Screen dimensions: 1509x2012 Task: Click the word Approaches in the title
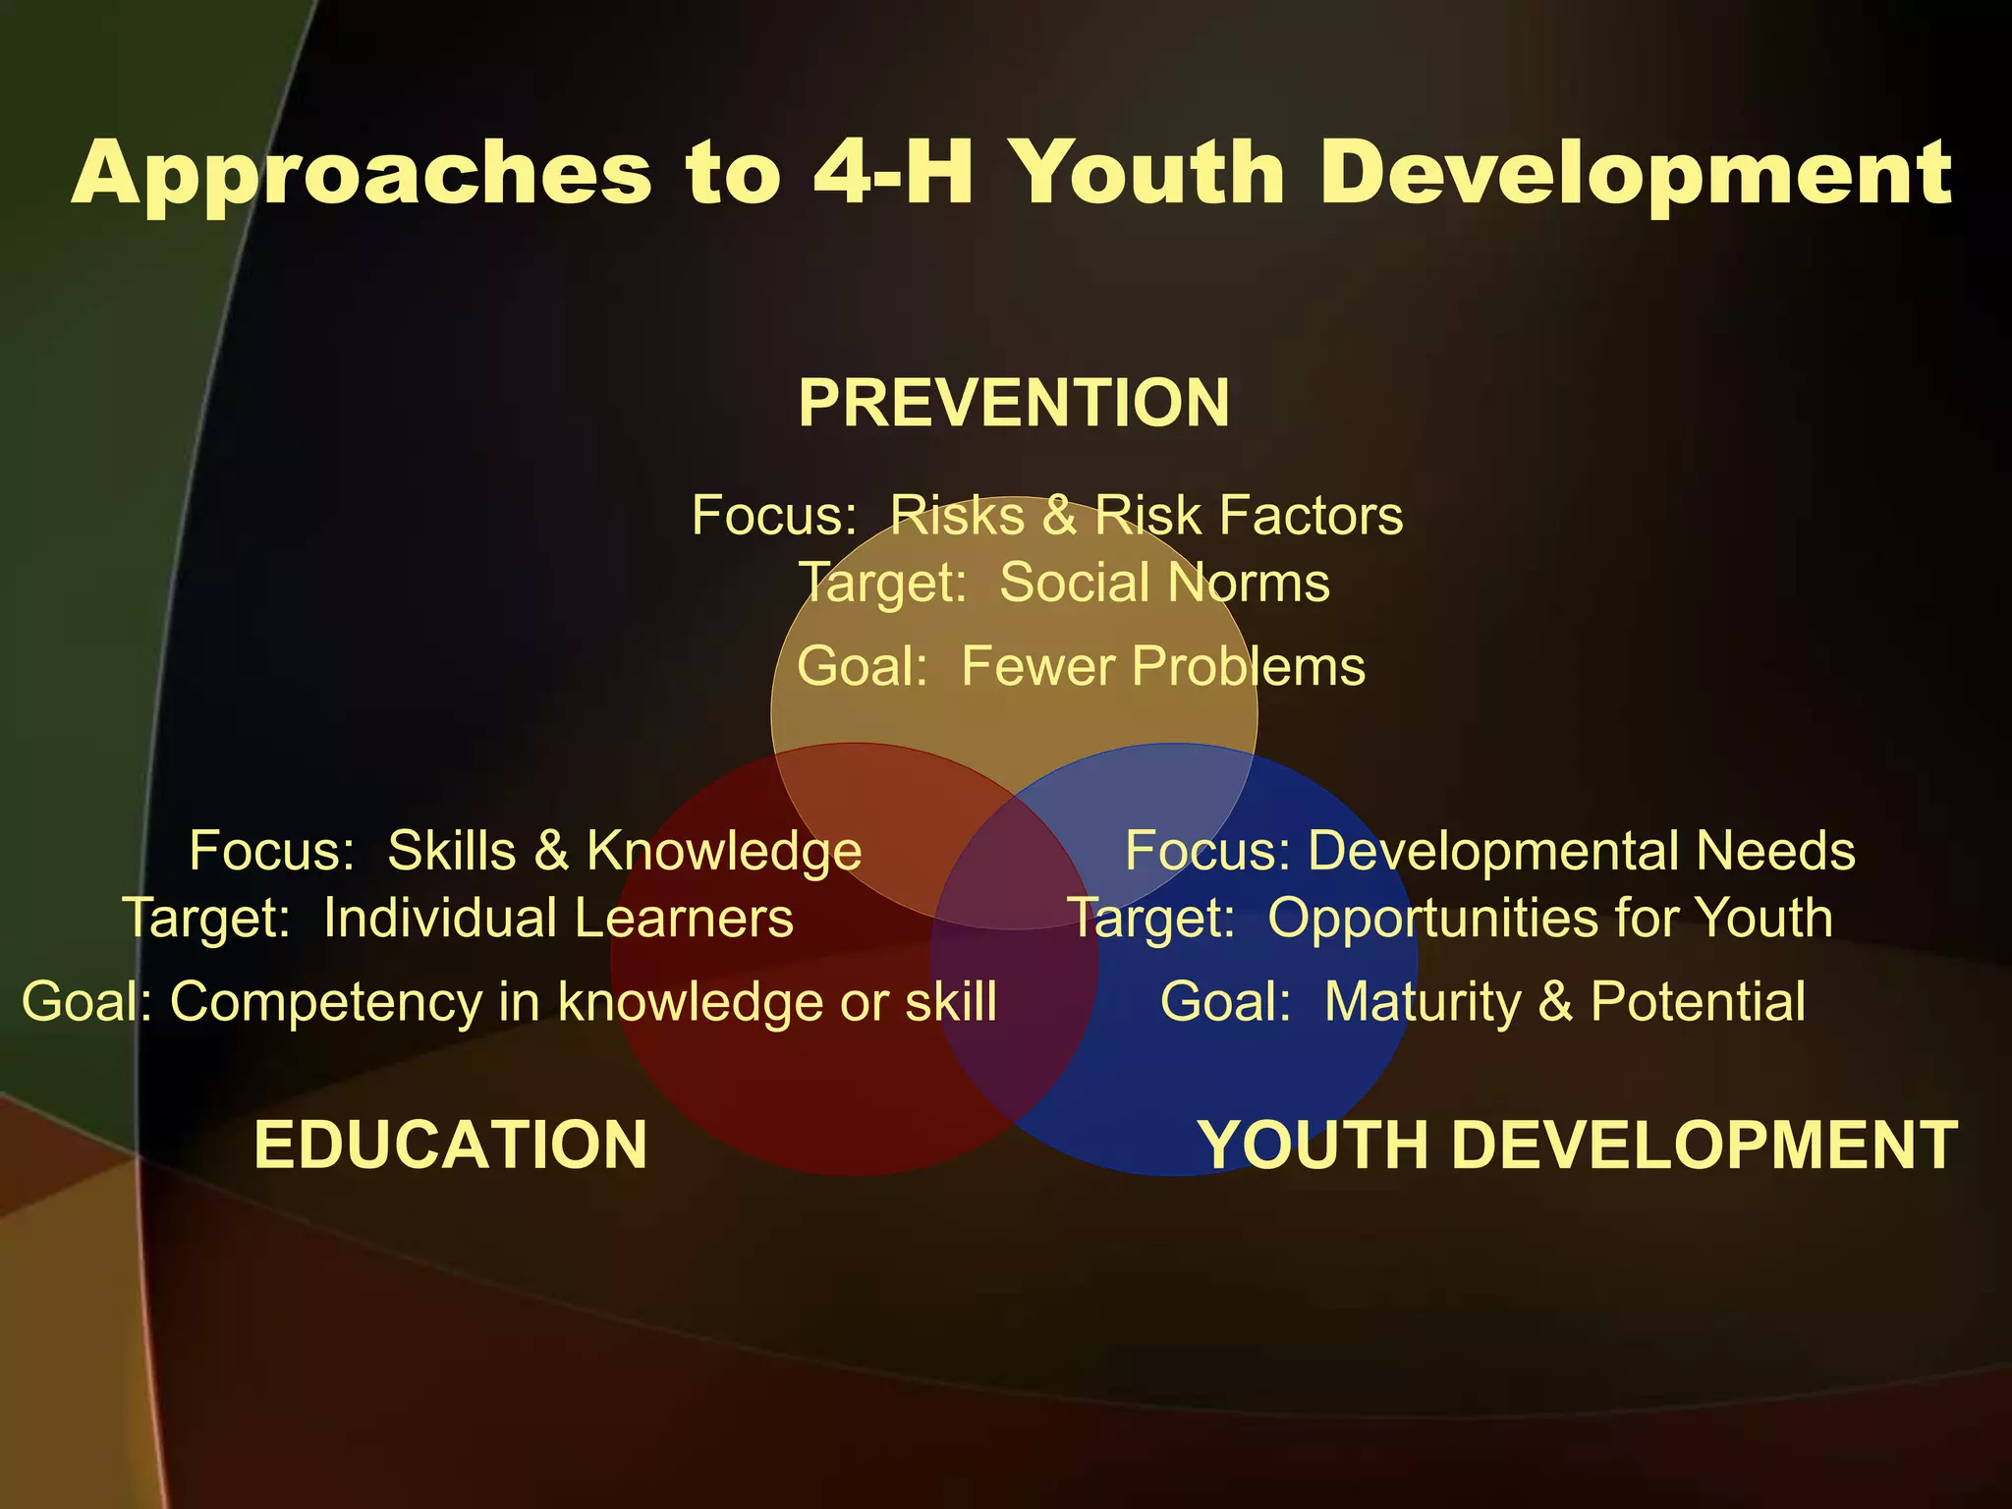point(362,173)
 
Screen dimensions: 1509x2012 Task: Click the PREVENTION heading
point(1013,403)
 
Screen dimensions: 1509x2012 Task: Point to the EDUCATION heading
point(451,1145)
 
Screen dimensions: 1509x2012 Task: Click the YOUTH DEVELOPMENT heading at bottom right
point(1579,1145)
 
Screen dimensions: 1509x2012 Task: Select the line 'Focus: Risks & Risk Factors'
point(1047,515)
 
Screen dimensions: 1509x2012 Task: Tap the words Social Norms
point(1164,582)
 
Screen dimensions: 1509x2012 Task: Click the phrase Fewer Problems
point(1163,666)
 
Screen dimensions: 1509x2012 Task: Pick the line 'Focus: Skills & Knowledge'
point(526,850)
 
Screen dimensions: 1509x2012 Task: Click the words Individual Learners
point(558,918)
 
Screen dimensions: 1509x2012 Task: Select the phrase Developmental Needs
point(1581,850)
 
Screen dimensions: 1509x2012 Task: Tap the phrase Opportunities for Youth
point(1549,918)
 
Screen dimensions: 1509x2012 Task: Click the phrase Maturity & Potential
point(1564,1002)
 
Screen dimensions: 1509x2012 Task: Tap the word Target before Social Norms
point(881,582)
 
